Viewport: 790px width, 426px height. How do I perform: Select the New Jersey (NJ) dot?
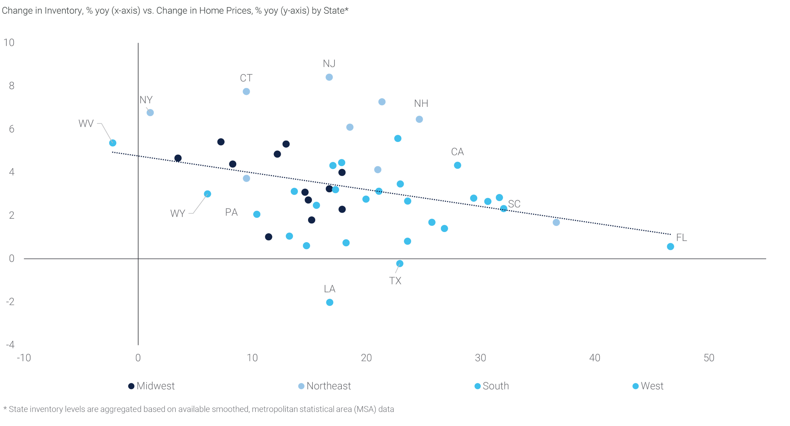(329, 77)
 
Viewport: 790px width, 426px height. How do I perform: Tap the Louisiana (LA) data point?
(329, 302)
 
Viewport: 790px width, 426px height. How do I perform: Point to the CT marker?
(246, 91)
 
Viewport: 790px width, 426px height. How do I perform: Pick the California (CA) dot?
(457, 165)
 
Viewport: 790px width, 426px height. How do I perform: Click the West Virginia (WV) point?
(113, 143)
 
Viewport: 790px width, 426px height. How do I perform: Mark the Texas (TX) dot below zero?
(399, 264)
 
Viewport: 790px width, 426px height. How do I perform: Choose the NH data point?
(419, 119)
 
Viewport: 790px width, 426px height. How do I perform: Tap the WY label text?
(178, 213)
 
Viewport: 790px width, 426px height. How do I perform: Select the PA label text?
(231, 212)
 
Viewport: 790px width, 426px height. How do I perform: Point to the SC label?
(514, 204)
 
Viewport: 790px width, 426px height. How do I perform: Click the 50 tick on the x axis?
(709, 358)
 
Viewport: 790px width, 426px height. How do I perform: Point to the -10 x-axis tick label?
(24, 358)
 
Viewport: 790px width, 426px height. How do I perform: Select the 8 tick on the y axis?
(12, 86)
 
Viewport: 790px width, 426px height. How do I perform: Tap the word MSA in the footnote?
(365, 409)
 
